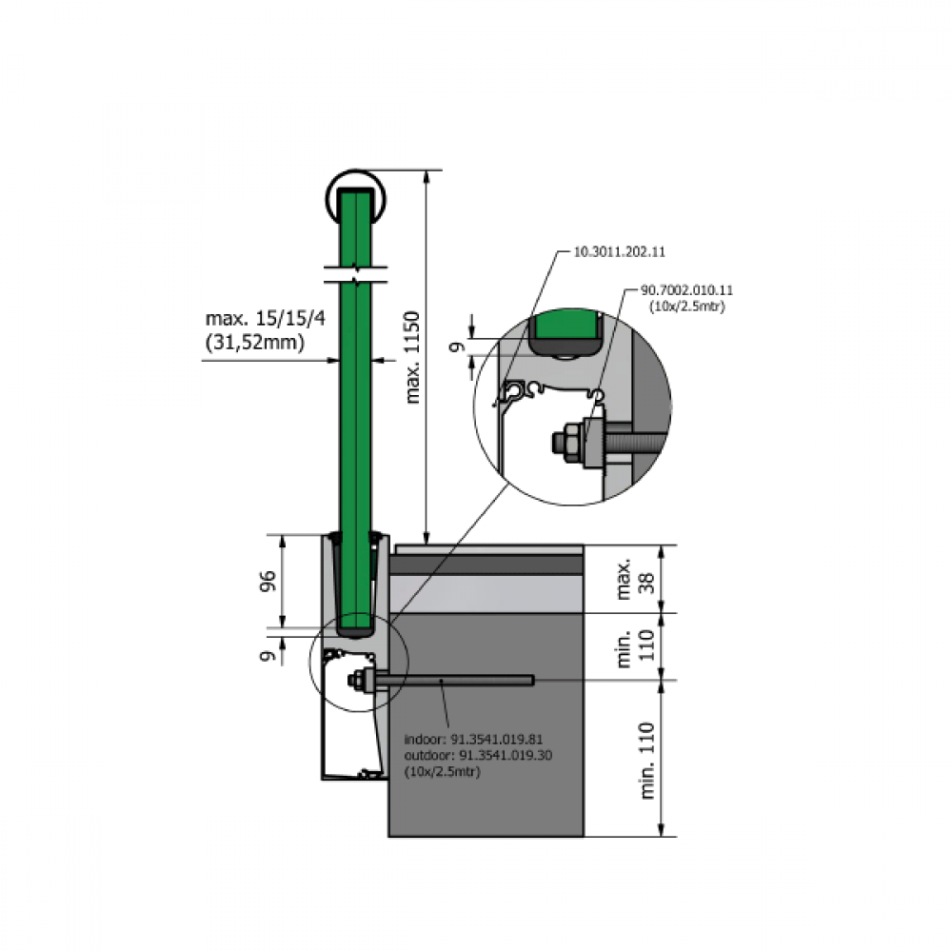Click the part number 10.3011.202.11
(620, 251)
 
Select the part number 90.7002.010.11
(686, 290)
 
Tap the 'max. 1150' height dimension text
(413, 358)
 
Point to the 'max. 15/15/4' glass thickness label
(266, 318)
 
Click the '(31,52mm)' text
(255, 343)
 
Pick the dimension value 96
(268, 581)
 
